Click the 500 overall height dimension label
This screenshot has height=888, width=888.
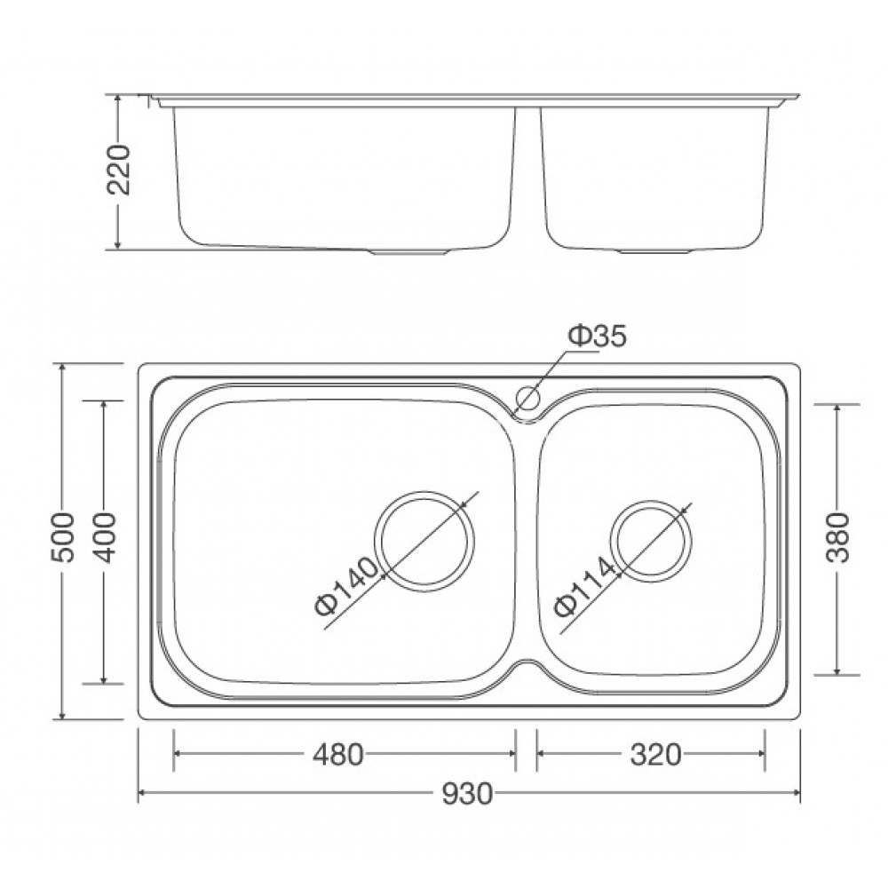(x=60, y=541)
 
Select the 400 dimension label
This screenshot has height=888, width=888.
(x=105, y=539)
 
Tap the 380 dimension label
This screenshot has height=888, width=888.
(x=837, y=539)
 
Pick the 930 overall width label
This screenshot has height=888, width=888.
(x=468, y=793)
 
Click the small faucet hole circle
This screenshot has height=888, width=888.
(x=529, y=399)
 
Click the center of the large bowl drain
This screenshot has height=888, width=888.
(x=424, y=539)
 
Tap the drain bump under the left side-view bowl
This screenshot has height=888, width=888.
(x=410, y=252)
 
